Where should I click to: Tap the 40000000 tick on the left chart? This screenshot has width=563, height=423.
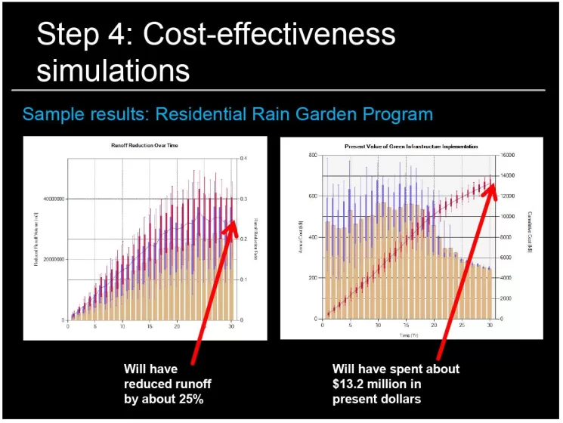(x=49, y=199)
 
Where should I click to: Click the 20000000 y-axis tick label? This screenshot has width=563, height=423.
(x=49, y=259)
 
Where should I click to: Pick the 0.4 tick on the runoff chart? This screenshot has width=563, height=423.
(x=243, y=158)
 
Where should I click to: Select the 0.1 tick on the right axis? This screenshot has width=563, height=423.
(x=243, y=279)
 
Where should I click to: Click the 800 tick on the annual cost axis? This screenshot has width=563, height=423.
(x=311, y=156)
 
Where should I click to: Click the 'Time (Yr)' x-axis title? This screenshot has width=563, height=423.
(x=407, y=334)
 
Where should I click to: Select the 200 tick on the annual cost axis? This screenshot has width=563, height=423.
(x=311, y=278)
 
